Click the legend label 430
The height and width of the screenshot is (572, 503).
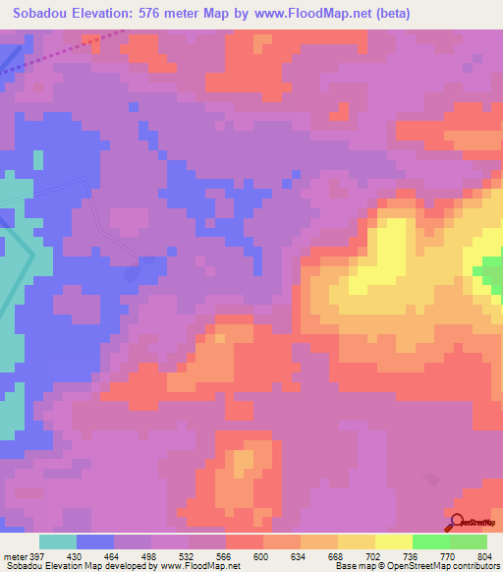click(x=75, y=555)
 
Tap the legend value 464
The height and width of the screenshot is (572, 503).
click(x=112, y=555)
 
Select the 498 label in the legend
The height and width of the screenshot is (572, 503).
click(x=149, y=555)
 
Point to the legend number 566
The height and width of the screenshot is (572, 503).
click(x=224, y=555)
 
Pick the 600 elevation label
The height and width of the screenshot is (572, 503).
click(x=261, y=555)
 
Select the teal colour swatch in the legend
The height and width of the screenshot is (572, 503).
click(x=58, y=542)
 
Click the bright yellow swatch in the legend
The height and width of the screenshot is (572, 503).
click(x=392, y=542)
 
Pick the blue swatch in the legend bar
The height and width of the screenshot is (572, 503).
click(x=95, y=542)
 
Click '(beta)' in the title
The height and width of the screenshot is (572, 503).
click(x=389, y=13)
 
